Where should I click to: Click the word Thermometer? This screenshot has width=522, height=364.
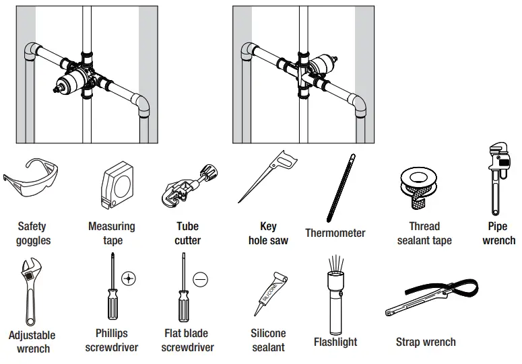point(335,233)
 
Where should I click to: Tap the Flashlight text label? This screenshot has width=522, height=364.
point(335,342)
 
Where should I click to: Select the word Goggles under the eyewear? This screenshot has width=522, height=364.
point(32,240)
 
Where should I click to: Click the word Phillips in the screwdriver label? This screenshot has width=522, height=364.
point(111,334)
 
